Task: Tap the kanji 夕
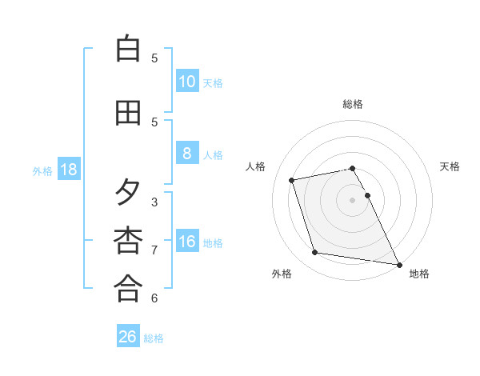[x=128, y=193]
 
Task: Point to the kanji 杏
[x=128, y=241]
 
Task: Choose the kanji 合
[x=128, y=289]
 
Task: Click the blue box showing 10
[x=186, y=82]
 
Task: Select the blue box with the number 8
[x=186, y=154]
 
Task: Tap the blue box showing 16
[x=186, y=242]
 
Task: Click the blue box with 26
[x=128, y=337]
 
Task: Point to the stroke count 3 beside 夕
[x=154, y=202]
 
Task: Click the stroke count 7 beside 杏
[x=154, y=250]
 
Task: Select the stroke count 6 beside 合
[x=154, y=298]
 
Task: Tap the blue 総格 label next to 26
[x=154, y=338]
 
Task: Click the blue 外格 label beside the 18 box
[x=42, y=170]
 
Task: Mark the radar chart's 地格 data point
[x=398, y=263]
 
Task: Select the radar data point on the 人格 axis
[x=292, y=179]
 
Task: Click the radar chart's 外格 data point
[x=315, y=253]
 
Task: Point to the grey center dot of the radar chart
[x=352, y=199]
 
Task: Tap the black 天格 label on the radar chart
[x=450, y=166]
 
